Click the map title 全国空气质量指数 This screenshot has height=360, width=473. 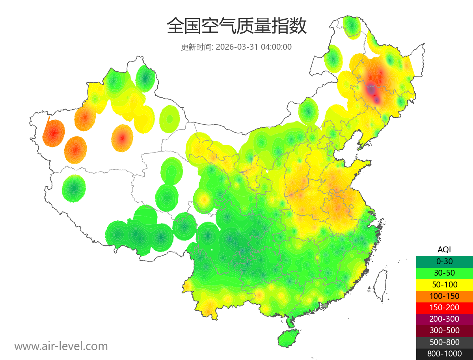(x=236, y=26)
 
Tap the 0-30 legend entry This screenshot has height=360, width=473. (x=444, y=261)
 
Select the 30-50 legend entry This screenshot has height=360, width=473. (x=444, y=272)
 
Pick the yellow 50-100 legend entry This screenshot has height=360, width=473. (x=444, y=284)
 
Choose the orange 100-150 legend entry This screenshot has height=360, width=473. (x=444, y=296)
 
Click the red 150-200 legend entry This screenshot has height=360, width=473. (x=444, y=307)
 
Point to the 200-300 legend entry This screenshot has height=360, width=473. (x=444, y=319)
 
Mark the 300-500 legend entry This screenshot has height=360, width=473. (x=444, y=330)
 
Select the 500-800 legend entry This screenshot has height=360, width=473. (x=444, y=342)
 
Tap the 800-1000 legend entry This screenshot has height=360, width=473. (x=444, y=354)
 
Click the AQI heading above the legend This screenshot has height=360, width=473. (x=444, y=249)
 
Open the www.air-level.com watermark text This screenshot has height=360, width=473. (x=61, y=346)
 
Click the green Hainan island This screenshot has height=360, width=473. (x=289, y=338)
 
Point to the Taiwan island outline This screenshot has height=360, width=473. (x=380, y=285)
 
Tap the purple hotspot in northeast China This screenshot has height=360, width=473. (x=371, y=90)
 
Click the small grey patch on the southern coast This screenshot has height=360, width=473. (x=325, y=306)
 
